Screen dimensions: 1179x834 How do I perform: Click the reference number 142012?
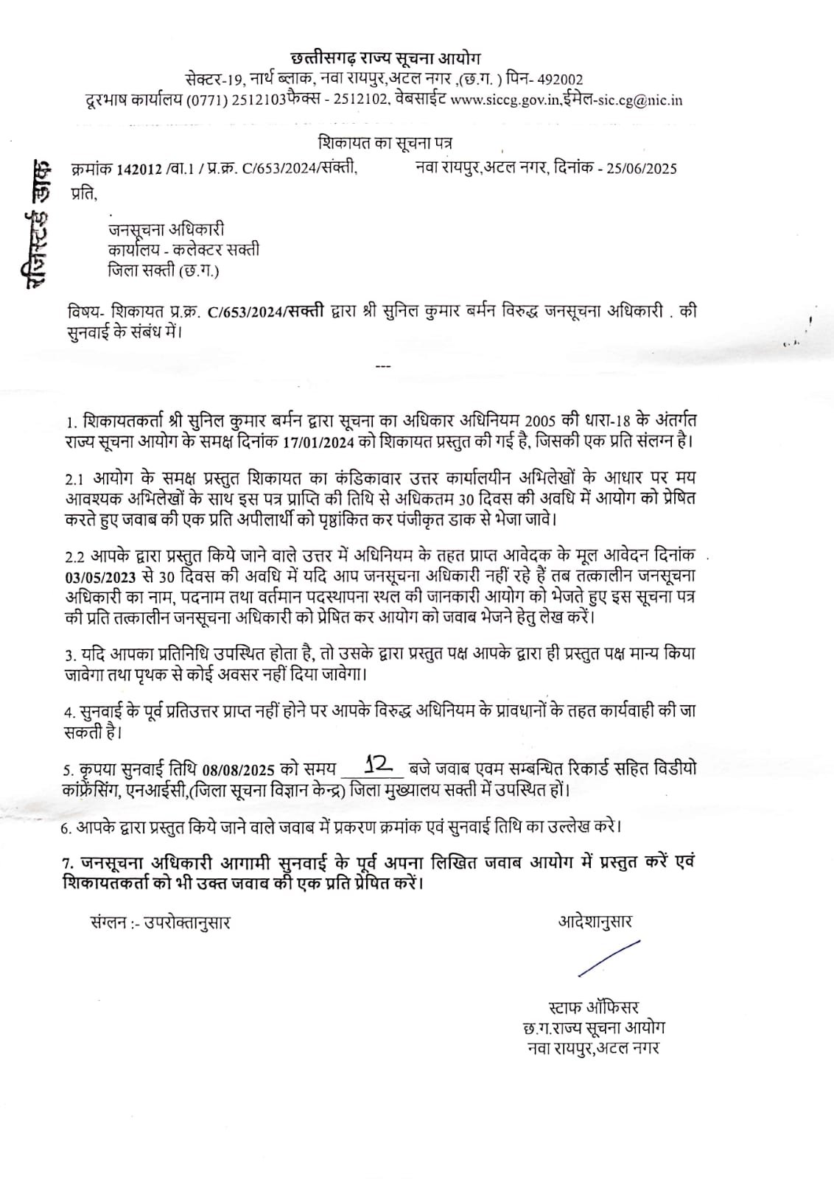point(139,168)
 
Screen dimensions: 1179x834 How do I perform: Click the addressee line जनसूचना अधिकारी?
point(166,229)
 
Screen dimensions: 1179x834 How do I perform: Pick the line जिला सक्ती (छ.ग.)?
point(163,270)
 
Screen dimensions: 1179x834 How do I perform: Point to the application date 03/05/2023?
point(100,575)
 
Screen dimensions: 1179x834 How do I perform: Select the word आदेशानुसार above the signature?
point(595,921)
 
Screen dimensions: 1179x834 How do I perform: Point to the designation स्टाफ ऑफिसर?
point(594,1007)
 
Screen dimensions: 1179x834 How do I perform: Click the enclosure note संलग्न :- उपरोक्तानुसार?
point(158,922)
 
